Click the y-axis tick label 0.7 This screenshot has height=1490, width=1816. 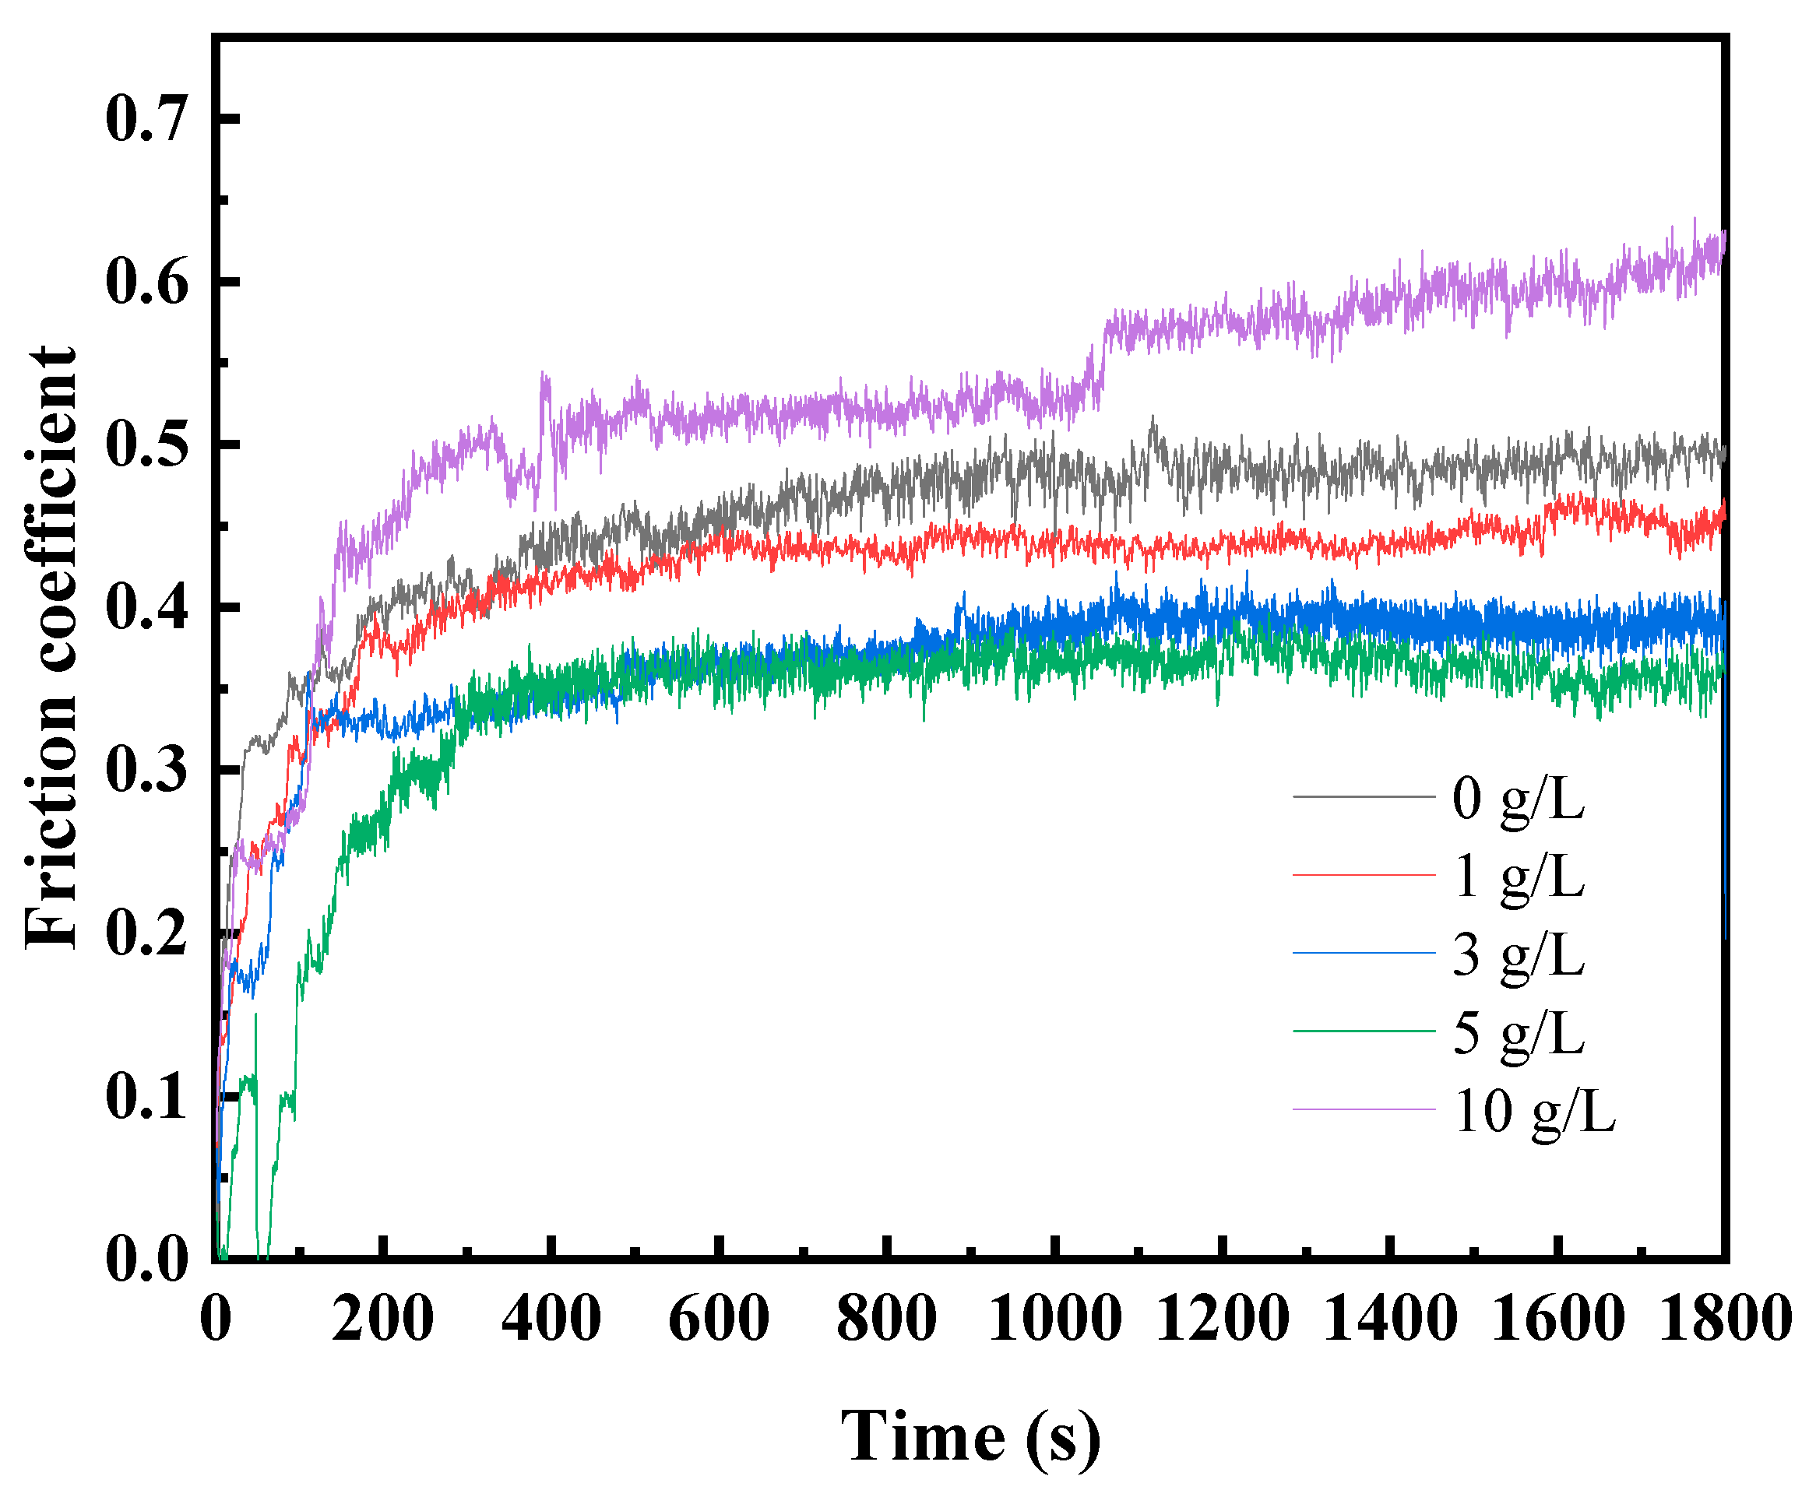pyautogui.click(x=146, y=118)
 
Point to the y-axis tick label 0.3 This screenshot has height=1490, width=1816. pyautogui.click(x=146, y=770)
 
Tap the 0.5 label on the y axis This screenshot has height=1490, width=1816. pyautogui.click(x=146, y=445)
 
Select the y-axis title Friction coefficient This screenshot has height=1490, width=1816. pyautogui.click(x=51, y=648)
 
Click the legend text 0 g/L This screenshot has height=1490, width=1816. pyautogui.click(x=1518, y=798)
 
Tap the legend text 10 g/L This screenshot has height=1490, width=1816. pyautogui.click(x=1534, y=1112)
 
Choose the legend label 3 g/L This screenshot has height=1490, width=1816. pyautogui.click(x=1518, y=954)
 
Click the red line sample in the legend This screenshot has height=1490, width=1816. pyautogui.click(x=1364, y=874)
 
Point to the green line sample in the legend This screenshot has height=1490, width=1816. pyautogui.click(x=1364, y=1031)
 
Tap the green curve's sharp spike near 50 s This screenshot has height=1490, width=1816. pyautogui.click(x=256, y=1017)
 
